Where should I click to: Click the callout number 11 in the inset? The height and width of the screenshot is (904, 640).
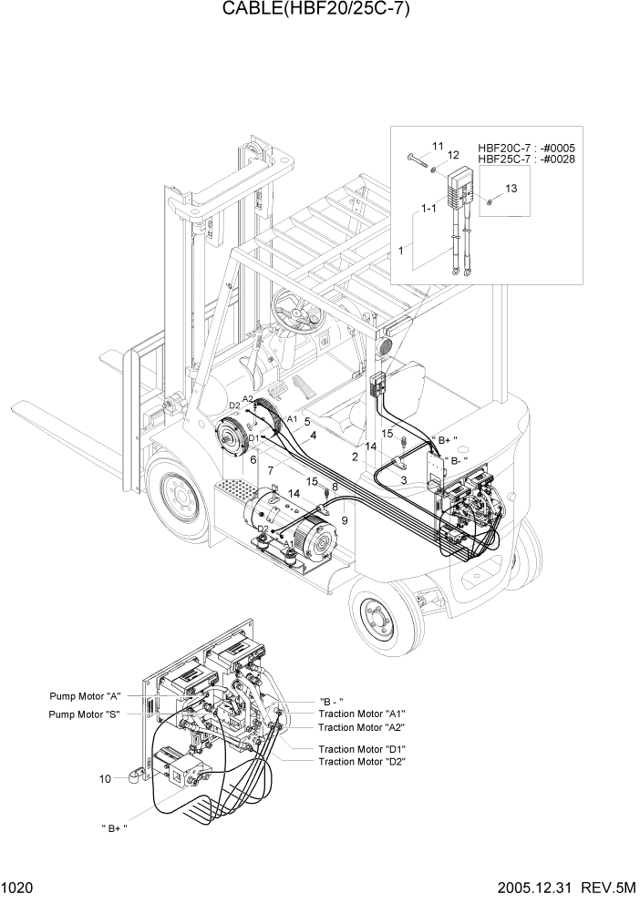click(438, 146)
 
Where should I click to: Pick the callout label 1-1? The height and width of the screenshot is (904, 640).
click(428, 209)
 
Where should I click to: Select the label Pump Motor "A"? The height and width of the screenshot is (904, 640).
click(87, 696)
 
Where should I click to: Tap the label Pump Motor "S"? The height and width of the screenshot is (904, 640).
click(87, 714)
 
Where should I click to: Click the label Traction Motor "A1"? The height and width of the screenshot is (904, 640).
click(361, 714)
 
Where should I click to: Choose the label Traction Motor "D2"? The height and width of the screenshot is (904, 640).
click(361, 761)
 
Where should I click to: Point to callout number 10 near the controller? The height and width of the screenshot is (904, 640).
click(106, 778)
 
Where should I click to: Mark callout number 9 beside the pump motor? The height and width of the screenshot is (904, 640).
click(344, 520)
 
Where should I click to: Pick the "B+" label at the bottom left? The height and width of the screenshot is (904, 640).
click(114, 827)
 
